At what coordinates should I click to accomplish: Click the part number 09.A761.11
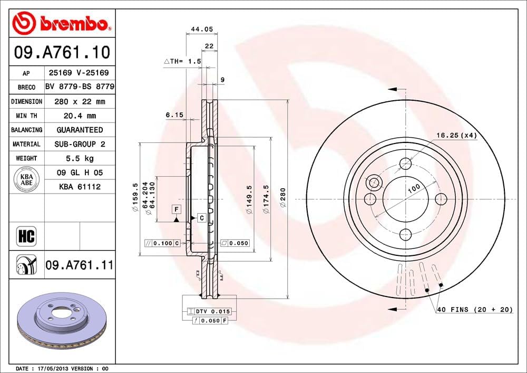80,265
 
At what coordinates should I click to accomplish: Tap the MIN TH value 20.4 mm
80,116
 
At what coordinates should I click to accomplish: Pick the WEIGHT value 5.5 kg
80,158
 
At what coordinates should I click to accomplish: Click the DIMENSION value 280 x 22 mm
80,101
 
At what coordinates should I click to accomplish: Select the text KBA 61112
80,186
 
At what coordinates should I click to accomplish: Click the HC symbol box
26,236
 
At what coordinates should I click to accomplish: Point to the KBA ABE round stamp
26,179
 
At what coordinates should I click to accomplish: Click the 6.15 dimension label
174,114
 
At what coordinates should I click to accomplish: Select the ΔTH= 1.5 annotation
183,62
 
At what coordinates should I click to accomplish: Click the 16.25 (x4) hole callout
456,136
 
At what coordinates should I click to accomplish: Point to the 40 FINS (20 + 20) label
474,310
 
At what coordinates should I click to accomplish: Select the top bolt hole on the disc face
405,163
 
